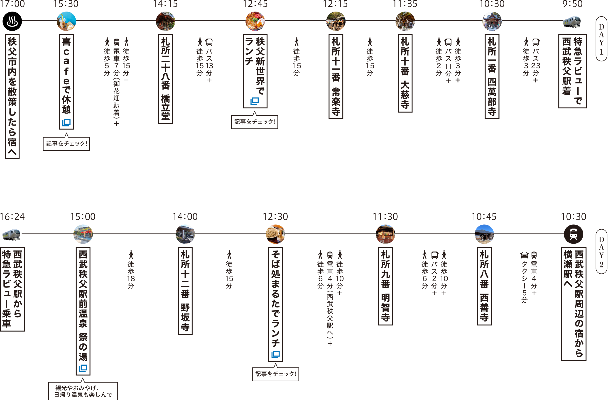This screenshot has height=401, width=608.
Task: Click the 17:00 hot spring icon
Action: coord(12,21)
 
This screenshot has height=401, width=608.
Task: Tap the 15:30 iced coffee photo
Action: coord(66,21)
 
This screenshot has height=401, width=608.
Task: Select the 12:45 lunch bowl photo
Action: coord(255,21)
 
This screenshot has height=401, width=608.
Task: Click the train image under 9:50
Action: coord(572,22)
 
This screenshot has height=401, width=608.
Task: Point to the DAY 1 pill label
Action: coord(601,39)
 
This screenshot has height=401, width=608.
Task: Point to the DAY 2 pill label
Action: coord(601,252)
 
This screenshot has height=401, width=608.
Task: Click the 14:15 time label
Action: coord(165,4)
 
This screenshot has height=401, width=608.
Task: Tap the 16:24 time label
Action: coord(12,217)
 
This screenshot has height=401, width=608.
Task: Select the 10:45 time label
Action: coord(484,217)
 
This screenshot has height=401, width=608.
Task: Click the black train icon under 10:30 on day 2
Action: coord(574,234)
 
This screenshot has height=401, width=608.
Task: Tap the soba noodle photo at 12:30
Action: coord(276,234)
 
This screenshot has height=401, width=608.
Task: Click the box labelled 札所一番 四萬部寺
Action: coord(492,76)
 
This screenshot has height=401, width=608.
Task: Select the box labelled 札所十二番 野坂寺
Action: coord(185,291)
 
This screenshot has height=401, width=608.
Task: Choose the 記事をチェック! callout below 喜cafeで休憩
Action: coord(66,143)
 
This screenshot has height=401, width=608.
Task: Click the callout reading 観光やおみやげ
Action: coord(83,391)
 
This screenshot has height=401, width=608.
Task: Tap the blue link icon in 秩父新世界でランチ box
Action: coord(254,101)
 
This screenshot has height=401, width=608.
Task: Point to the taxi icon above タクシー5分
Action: coord(524,255)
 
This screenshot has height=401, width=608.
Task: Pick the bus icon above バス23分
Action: coord(536,42)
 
